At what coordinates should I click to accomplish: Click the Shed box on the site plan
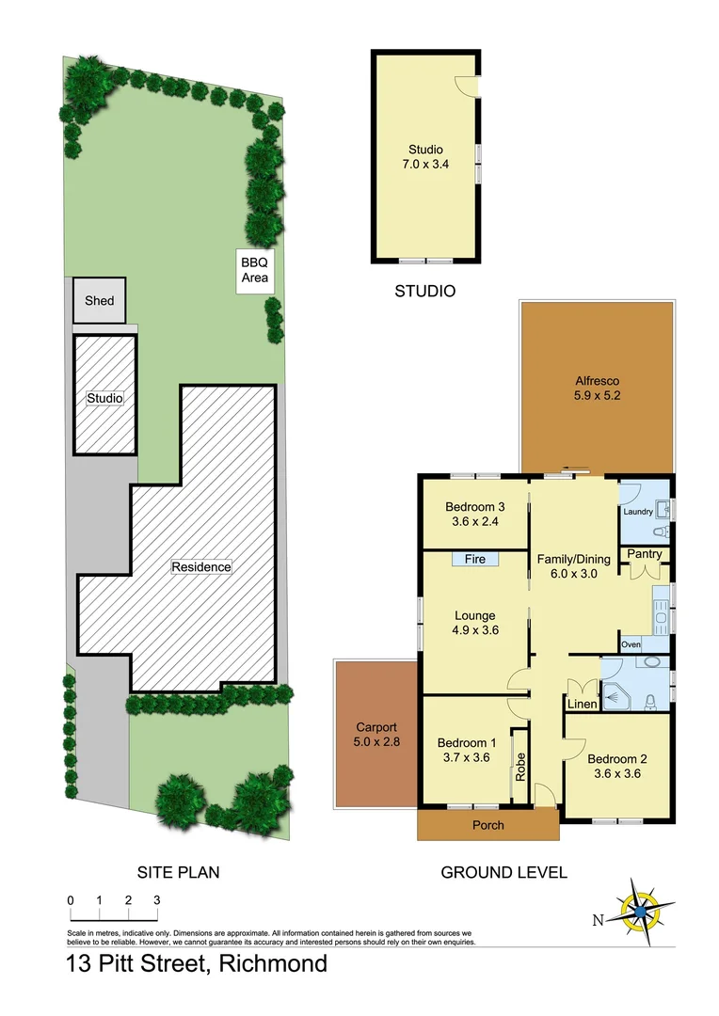click(99, 301)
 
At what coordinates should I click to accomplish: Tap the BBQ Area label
click(255, 270)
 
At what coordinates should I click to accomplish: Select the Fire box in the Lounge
click(475, 560)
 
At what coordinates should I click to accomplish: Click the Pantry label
click(645, 554)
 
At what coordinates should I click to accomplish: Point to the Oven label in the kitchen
click(631, 644)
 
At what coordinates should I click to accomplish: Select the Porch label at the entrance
click(487, 825)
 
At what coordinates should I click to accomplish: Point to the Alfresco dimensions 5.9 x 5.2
click(599, 396)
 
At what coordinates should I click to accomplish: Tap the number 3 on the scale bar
click(156, 900)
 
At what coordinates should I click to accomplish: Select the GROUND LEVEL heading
click(504, 873)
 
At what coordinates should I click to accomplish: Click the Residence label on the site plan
click(200, 567)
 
